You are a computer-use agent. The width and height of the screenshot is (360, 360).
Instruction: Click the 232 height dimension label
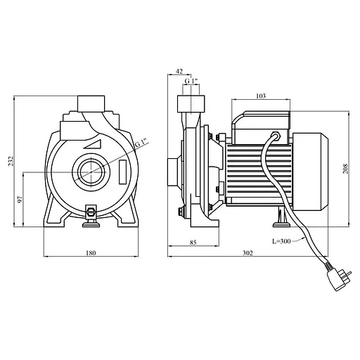pos(11,161)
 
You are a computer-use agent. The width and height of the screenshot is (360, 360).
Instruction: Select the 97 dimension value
pos(20,199)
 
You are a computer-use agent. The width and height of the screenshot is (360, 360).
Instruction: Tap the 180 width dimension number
pos(91,253)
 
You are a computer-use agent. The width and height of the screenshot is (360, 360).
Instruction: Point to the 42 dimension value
pos(179,71)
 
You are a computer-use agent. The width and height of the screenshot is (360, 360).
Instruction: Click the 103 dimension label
pos(261,96)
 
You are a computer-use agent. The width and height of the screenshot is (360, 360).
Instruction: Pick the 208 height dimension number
pos(346,169)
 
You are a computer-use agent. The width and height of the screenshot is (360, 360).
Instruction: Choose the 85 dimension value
pos(193,243)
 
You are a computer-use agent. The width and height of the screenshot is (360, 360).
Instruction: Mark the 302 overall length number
pos(247,253)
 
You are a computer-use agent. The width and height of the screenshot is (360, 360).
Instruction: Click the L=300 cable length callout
pos(281,241)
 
